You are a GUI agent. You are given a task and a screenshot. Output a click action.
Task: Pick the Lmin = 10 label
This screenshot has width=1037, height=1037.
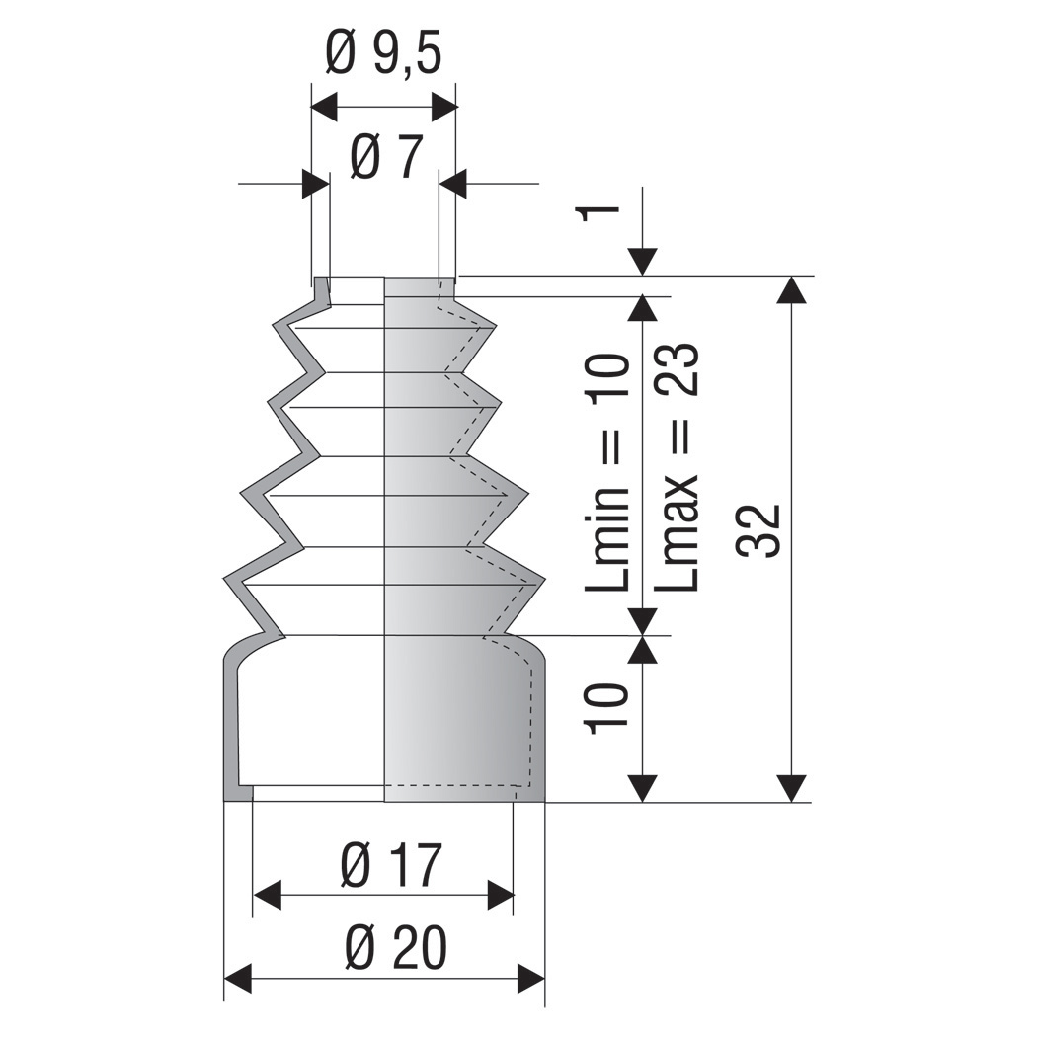tap(606, 472)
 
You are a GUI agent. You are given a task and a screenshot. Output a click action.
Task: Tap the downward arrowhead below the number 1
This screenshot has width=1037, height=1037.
tap(643, 263)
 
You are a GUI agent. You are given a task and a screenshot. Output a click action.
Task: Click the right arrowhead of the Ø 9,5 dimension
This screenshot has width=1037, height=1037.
tap(445, 107)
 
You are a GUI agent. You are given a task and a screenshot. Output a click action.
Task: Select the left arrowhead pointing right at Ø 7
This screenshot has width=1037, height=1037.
tap(316, 184)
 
